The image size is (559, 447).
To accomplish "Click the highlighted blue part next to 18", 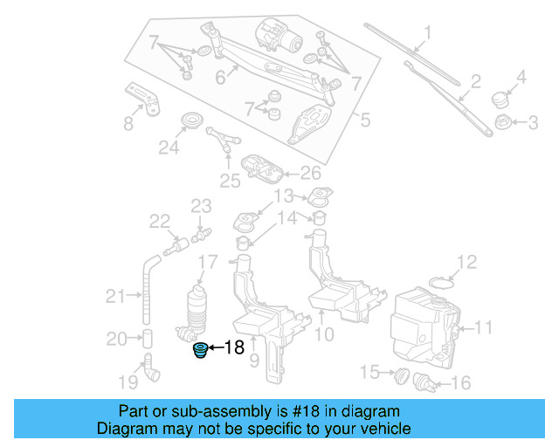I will tap(200, 351).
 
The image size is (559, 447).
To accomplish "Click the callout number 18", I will tap(234, 348).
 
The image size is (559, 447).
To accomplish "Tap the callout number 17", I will tap(207, 262).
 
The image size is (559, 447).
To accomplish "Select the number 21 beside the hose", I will tap(116, 297).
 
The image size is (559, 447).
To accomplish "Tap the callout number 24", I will tap(168, 148).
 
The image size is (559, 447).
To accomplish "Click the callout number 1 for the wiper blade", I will tap(428, 34).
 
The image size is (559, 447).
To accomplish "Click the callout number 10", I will tap(323, 334).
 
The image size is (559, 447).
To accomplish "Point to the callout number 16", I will tap(460, 382).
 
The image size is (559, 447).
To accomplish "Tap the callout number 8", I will tap(128, 123).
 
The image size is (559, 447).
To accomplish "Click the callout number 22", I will tap(159, 222).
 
